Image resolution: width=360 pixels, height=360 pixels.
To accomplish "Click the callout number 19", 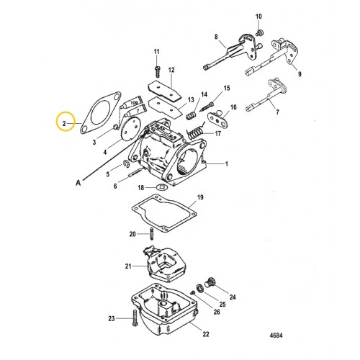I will pos(201,197).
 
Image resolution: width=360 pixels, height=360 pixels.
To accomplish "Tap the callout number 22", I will pos(205,335).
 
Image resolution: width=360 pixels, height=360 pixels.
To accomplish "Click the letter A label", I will pos(78,184).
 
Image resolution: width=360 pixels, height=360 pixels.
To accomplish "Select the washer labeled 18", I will pos(162,189).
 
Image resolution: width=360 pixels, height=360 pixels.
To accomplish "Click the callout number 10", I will pos(260,15).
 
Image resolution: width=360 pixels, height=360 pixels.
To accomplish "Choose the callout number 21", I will pos(129,267).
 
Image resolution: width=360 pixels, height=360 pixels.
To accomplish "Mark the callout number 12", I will pos(171,71).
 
